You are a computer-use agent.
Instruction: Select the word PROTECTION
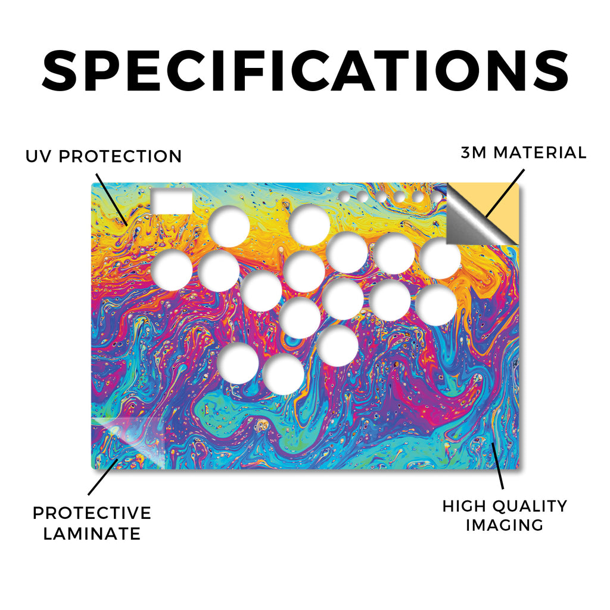click(x=120, y=157)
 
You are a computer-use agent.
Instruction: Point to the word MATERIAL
click(x=540, y=152)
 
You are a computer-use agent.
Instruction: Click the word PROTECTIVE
click(x=92, y=513)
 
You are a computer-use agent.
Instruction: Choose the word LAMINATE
click(x=92, y=534)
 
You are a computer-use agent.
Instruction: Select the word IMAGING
click(x=505, y=525)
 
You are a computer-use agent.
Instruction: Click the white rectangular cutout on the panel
click(x=172, y=201)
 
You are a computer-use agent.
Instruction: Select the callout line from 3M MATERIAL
click(x=505, y=193)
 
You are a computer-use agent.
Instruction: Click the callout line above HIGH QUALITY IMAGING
click(x=497, y=465)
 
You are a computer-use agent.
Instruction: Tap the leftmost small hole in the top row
click(x=344, y=197)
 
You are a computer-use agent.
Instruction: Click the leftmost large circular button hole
click(x=172, y=270)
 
